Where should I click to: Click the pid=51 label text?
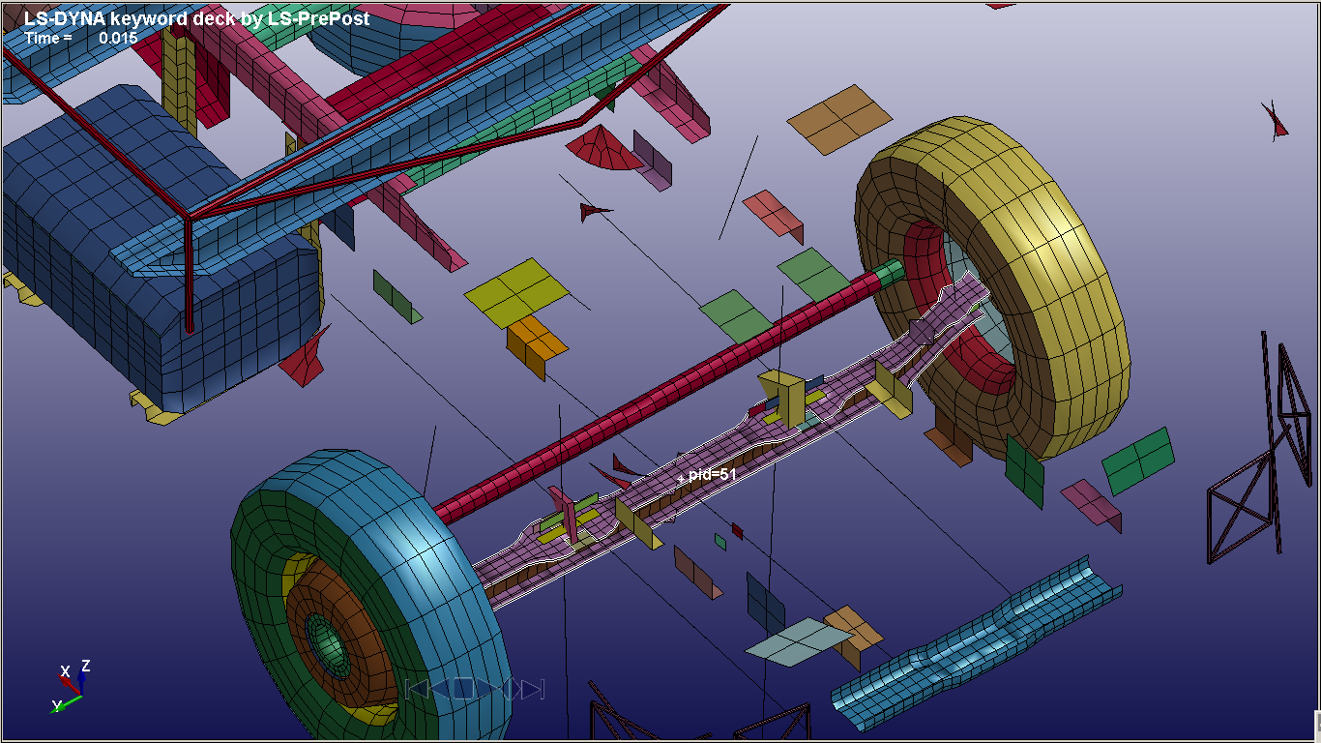713,474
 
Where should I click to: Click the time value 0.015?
118,39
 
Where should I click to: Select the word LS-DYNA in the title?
64,18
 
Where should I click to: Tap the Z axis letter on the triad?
86,666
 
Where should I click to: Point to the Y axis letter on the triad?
57,705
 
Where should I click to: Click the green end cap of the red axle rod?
889,274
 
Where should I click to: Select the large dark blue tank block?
160,248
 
